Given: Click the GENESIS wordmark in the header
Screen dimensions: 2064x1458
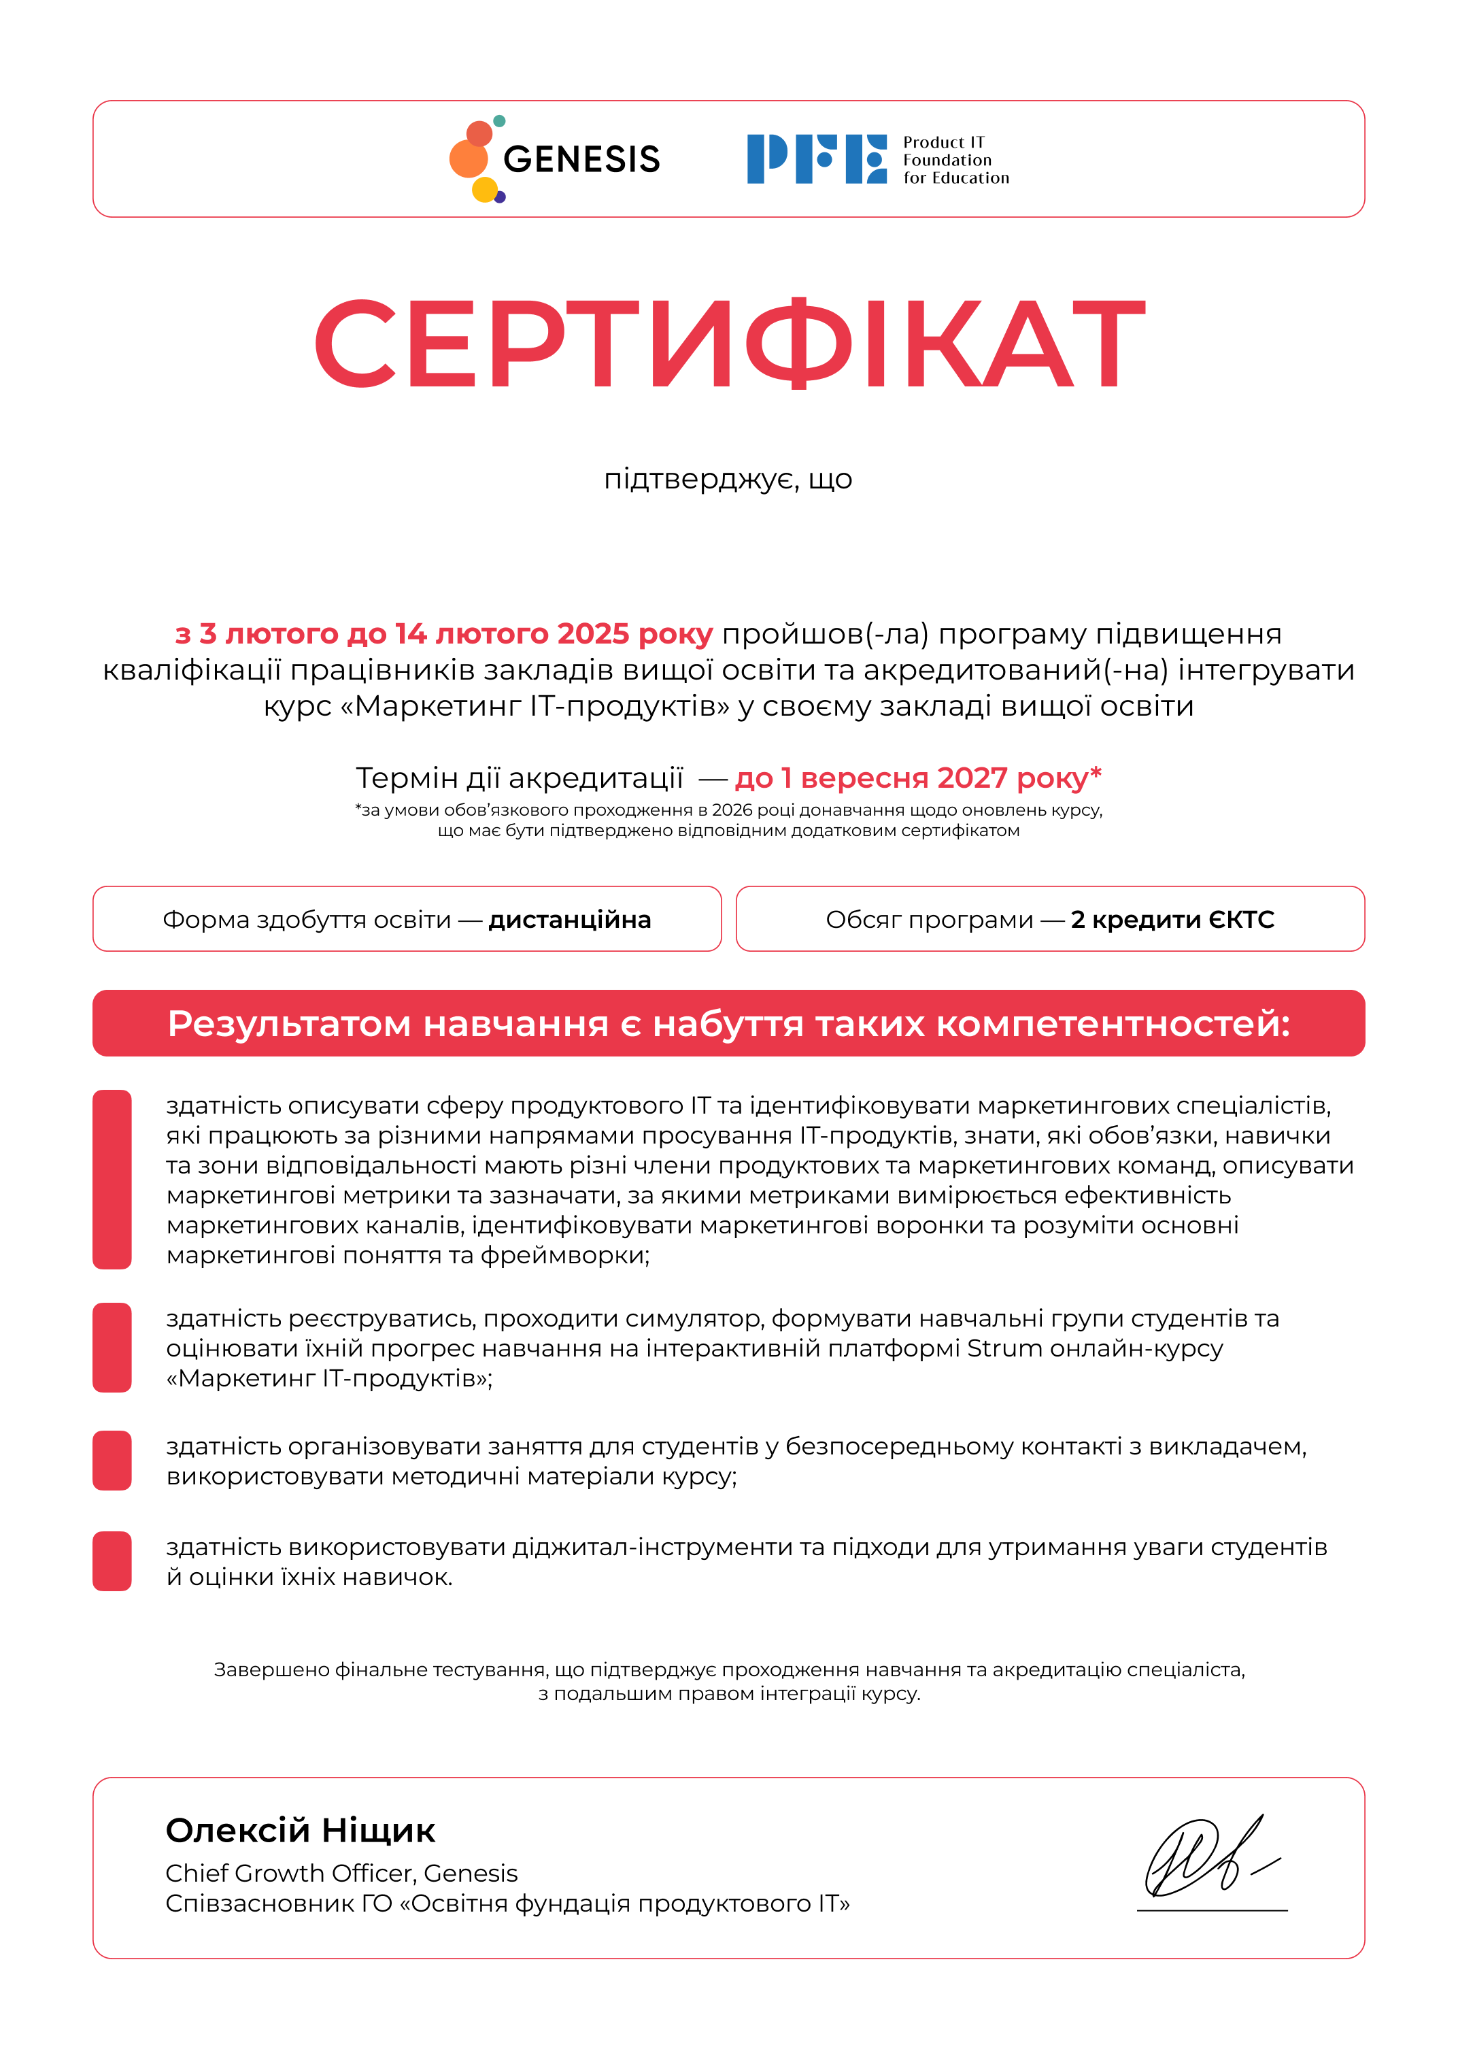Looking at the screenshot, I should coord(581,159).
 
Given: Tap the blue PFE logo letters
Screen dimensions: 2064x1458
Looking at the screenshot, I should coord(816,159).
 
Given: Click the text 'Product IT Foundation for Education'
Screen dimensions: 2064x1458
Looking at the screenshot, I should coord(955,160).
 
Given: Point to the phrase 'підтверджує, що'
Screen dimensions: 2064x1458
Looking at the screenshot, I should coord(728,479).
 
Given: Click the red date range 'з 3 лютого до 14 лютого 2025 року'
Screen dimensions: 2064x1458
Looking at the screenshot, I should coord(444,634).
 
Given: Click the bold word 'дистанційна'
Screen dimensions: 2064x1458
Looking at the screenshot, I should coord(570,920).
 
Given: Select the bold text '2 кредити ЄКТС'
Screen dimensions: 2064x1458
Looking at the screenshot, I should coord(1172,920).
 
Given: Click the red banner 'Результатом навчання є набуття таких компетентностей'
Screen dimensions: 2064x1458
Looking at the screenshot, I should coord(729,1024).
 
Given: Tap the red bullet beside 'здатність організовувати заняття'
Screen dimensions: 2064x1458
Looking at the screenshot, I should coord(112,1461).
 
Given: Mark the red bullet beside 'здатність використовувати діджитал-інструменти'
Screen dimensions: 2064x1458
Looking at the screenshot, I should coord(112,1561).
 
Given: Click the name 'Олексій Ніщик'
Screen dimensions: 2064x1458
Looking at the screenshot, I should coord(300,1830).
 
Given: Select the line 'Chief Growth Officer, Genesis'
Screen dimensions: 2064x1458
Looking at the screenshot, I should coord(341,1873).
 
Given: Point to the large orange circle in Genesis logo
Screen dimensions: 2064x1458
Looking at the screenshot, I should coord(469,159).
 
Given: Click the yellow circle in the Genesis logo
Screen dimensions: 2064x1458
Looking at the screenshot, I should coord(484,190).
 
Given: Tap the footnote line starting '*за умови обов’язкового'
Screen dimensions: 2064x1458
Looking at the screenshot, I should coord(728,810).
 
